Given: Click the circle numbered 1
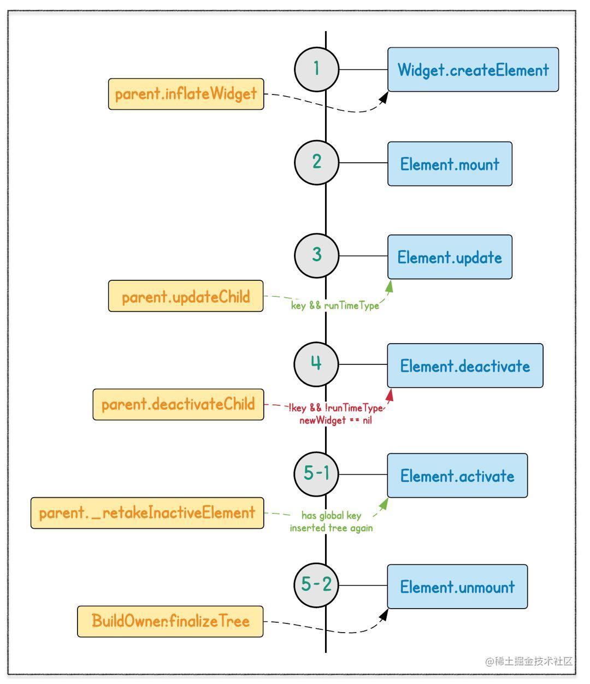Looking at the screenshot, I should click(316, 69).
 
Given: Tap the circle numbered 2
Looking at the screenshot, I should click(316, 162).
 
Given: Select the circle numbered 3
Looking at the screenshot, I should click(316, 255).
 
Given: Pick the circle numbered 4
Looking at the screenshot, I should click(316, 364).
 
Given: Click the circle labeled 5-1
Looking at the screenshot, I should click(316, 474).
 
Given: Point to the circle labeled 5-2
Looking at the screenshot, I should click(316, 585).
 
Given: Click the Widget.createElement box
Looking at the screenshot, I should click(473, 70).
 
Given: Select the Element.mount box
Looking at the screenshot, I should click(450, 164).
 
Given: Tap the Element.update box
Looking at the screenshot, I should click(450, 257).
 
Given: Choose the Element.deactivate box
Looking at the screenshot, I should click(465, 366).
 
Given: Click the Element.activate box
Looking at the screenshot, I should click(457, 476).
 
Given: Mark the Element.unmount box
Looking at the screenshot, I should click(457, 587).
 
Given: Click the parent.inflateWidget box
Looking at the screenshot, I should click(186, 94).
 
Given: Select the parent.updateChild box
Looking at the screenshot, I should click(186, 297).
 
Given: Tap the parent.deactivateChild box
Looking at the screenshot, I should click(178, 405).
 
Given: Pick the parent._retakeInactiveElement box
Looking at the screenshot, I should click(147, 513).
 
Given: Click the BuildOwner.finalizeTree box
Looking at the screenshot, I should click(170, 621).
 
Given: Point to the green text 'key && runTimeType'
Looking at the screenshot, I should click(335, 305).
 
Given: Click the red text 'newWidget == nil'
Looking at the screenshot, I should click(335, 421).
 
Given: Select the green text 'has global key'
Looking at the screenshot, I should click(331, 516).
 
